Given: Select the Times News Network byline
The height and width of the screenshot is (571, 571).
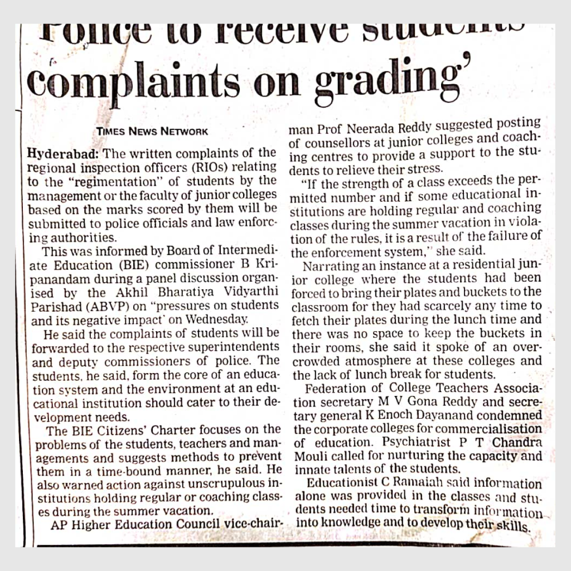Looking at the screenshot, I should [x=152, y=132].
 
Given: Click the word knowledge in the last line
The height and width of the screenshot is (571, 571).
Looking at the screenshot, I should [x=350, y=524].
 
